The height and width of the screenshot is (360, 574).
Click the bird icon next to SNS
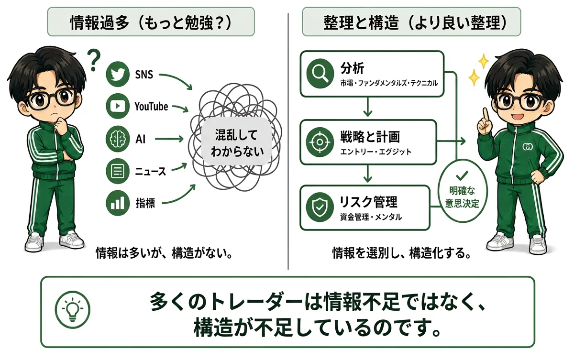click(118, 75)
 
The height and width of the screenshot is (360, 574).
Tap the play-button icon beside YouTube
click(118, 106)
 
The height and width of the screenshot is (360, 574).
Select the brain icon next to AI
click(118, 139)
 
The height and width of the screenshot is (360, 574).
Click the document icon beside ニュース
click(118, 171)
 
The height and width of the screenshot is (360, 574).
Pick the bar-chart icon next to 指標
click(118, 204)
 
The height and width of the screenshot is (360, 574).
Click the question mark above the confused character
click(93, 61)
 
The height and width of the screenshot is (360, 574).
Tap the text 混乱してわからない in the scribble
click(237, 143)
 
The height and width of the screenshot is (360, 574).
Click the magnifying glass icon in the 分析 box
click(320, 74)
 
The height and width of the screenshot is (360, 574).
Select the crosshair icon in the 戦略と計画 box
click(320, 142)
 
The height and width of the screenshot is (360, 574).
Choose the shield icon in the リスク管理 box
click(320, 207)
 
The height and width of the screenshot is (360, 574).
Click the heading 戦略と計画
click(370, 137)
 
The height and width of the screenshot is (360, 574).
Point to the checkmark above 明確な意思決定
click(462, 175)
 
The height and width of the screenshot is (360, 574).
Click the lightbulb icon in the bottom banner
click(73, 309)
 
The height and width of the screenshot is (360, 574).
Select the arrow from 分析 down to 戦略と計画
click(368, 107)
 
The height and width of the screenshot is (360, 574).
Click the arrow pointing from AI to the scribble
click(169, 139)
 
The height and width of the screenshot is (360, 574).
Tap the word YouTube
click(152, 107)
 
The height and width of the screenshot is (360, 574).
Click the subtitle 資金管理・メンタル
click(371, 217)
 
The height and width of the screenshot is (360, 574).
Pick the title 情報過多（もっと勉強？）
click(151, 22)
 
